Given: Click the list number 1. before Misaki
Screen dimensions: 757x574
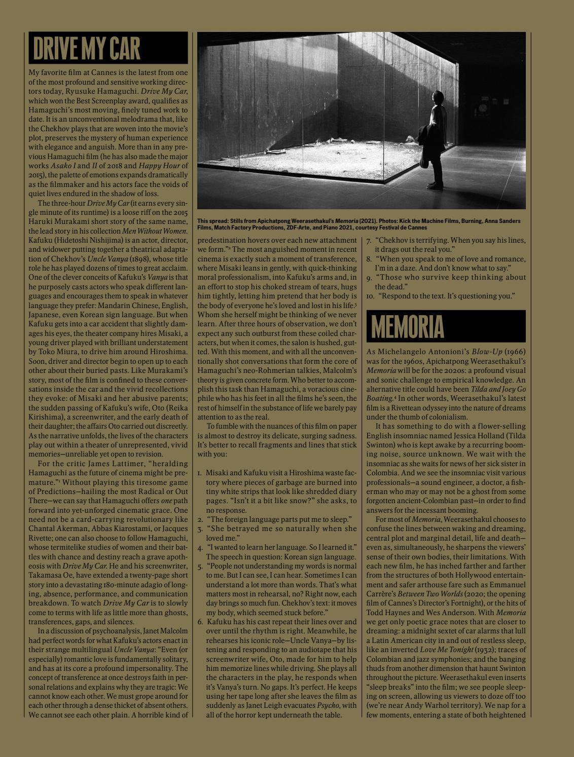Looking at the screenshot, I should [200, 473].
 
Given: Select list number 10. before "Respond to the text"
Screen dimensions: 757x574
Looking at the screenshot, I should [370, 295].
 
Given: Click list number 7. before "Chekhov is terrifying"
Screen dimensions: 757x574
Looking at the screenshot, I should [370, 240].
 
